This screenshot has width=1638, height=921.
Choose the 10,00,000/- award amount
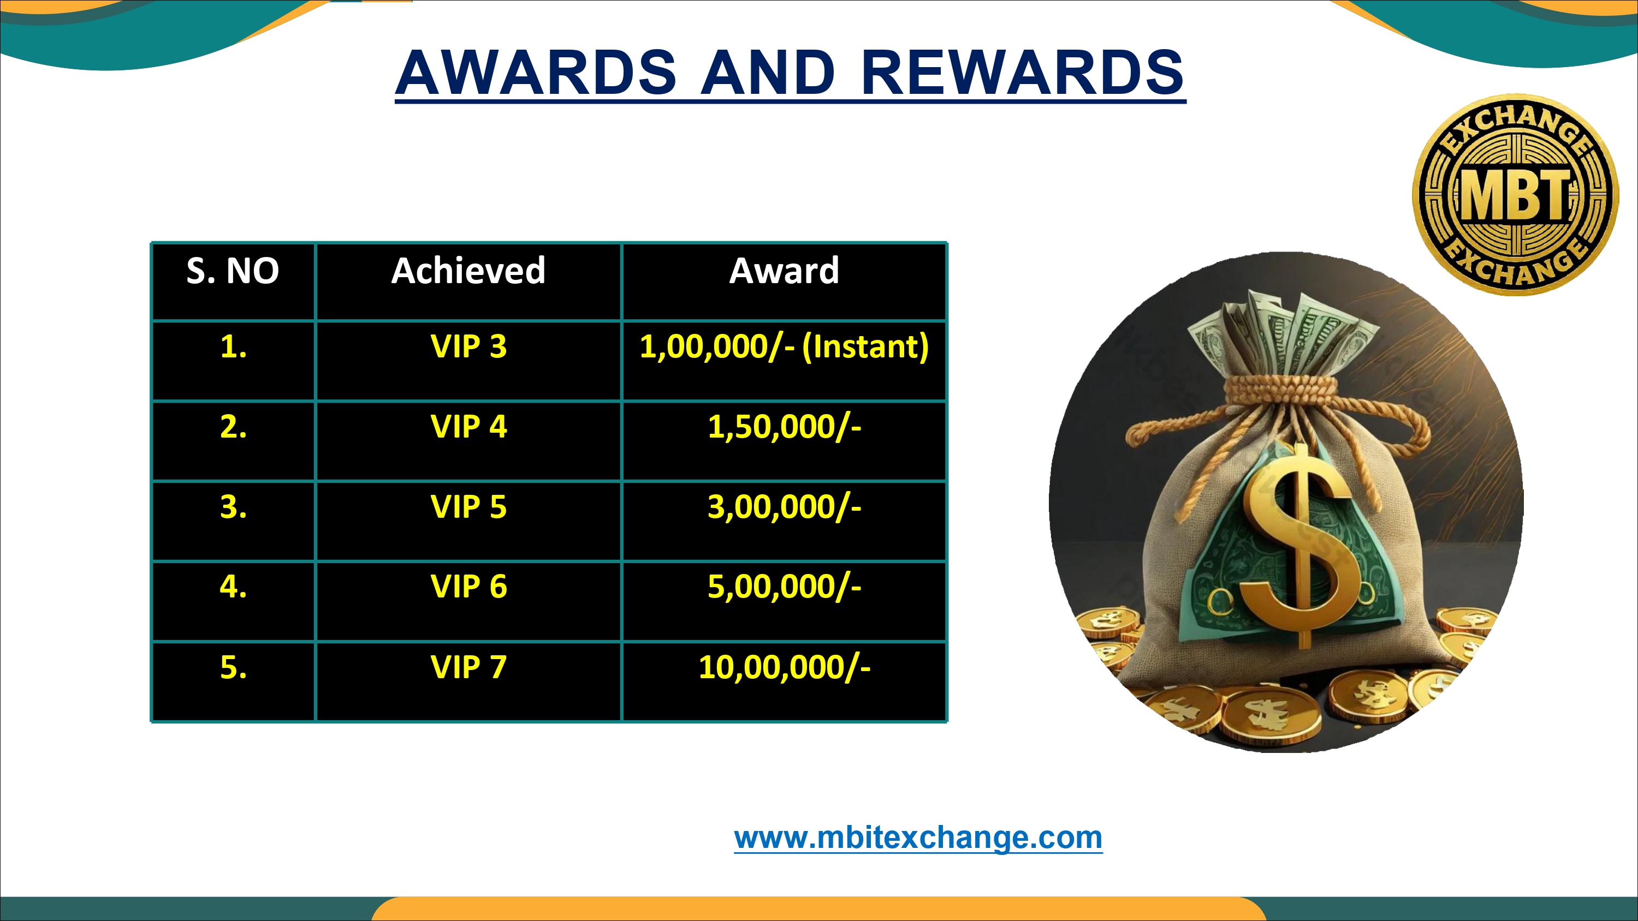coord(784,667)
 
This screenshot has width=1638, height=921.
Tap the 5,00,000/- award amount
coord(784,587)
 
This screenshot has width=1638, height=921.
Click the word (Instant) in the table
coord(865,347)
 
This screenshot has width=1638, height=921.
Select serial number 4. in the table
coord(233,587)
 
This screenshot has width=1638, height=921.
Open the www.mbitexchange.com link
coord(918,838)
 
